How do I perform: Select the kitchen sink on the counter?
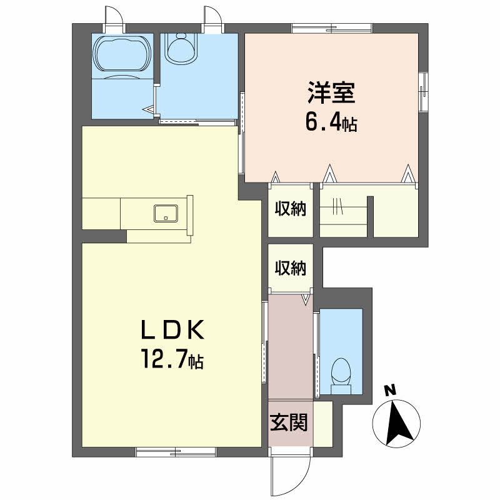click(x=166, y=213)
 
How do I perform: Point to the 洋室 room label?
click(x=331, y=93)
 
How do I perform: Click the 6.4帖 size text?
click(x=331, y=122)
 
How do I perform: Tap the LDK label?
click(x=173, y=330)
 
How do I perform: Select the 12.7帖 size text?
click(x=173, y=359)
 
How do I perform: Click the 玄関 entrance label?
click(x=289, y=422)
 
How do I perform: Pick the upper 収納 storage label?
click(x=291, y=209)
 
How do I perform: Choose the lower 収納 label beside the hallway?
click(x=291, y=268)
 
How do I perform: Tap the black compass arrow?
click(x=397, y=423)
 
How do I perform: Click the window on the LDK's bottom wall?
click(x=176, y=452)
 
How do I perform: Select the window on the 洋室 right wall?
click(x=424, y=92)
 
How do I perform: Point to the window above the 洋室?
click(x=332, y=28)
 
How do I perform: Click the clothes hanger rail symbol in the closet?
click(x=337, y=207)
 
